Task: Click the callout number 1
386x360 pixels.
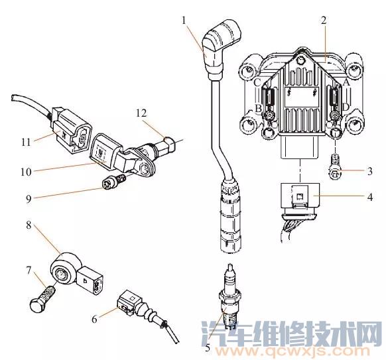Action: (x=184, y=21)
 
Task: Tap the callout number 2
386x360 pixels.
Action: (x=324, y=21)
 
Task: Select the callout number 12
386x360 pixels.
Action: (x=141, y=113)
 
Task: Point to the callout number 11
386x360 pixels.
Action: (x=26, y=143)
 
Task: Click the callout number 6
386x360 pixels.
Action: (x=95, y=320)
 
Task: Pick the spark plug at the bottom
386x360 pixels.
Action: (x=229, y=296)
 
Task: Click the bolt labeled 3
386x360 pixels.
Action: (x=335, y=166)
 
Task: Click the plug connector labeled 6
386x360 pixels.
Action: (x=129, y=303)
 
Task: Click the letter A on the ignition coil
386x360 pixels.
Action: (x=346, y=83)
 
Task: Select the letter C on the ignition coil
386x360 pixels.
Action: (x=257, y=83)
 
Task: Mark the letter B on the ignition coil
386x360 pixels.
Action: (x=258, y=108)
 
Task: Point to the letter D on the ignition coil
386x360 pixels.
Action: (x=346, y=107)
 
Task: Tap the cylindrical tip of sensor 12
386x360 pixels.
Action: (x=169, y=143)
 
